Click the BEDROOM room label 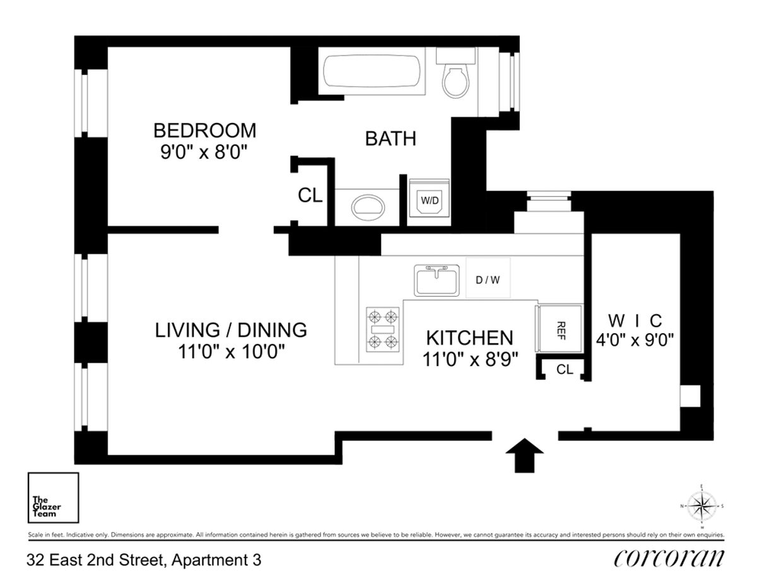(205, 131)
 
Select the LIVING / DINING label (232, 329)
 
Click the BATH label (390, 138)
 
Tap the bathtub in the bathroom (372, 74)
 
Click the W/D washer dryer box (430, 199)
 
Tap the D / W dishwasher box (488, 278)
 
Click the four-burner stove (384, 329)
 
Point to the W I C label (635, 318)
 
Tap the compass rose (701, 505)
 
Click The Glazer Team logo (54, 497)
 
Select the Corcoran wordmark (668, 558)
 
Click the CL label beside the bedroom (310, 196)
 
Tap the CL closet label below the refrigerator (565, 370)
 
